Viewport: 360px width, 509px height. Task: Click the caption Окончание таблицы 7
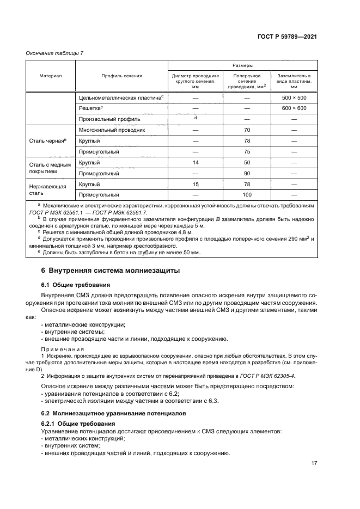(x=55, y=53)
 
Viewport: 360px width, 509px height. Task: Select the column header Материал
(x=50, y=76)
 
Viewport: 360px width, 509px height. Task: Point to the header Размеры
(x=242, y=64)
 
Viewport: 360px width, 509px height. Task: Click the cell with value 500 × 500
(x=294, y=97)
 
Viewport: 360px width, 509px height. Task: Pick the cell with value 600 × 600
(x=294, y=108)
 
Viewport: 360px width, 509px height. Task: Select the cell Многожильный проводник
(x=111, y=131)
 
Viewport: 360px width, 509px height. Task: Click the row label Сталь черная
(x=47, y=141)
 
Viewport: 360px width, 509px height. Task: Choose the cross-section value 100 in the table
(x=247, y=194)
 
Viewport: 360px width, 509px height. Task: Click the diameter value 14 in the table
(x=195, y=163)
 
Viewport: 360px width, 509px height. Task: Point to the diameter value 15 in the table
(x=195, y=185)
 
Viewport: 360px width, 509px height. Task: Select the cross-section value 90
(x=247, y=173)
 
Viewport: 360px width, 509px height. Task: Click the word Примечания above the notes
(x=62, y=349)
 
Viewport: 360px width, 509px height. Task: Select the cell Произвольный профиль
(x=109, y=119)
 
